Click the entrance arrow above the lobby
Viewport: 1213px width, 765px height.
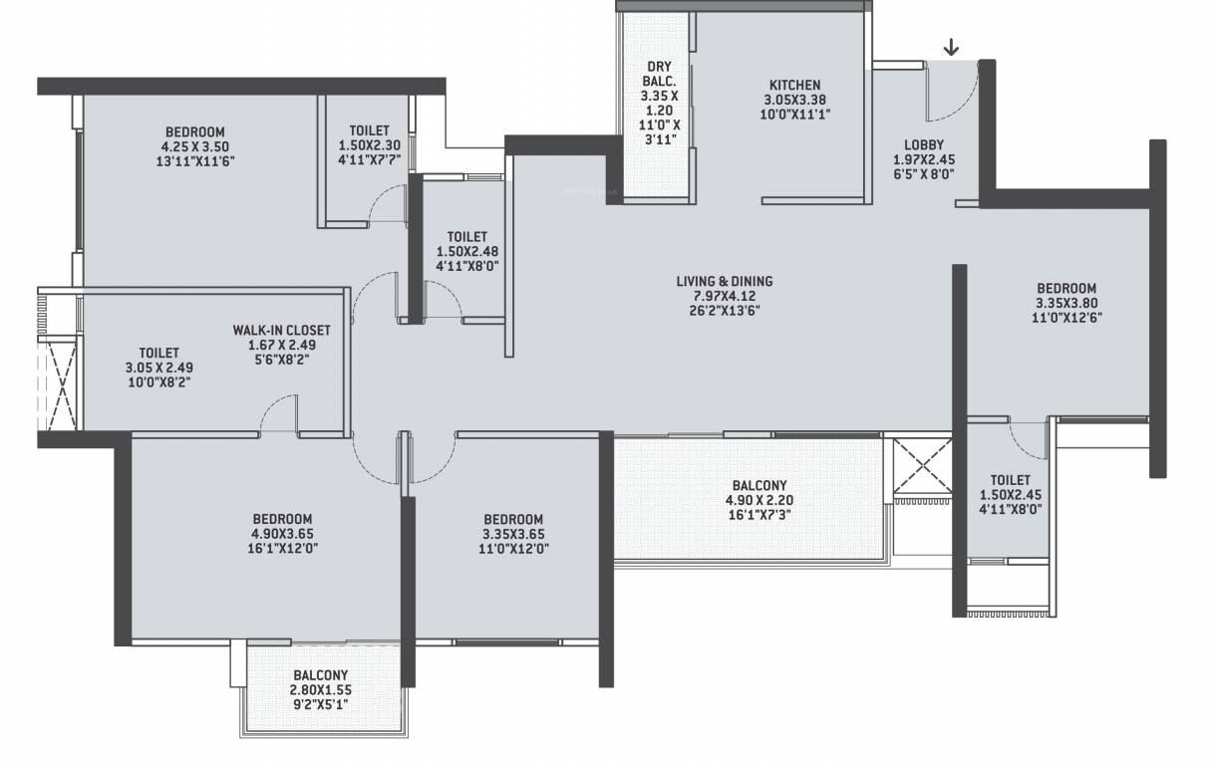click(x=952, y=46)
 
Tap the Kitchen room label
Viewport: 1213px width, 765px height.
click(x=794, y=86)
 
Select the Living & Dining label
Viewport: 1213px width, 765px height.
click(x=724, y=282)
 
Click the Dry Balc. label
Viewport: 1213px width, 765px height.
click(x=659, y=75)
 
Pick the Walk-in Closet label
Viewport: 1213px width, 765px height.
click(x=281, y=331)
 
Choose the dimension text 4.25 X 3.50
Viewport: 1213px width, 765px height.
click(x=195, y=145)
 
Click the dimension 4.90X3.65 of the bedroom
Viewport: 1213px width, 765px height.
click(x=282, y=533)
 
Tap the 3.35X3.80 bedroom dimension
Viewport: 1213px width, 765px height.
click(x=1065, y=304)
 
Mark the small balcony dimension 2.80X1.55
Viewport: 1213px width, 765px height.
click(x=321, y=689)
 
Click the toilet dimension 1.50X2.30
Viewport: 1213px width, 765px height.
click(x=370, y=145)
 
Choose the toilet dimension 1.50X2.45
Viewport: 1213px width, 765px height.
click(x=1010, y=495)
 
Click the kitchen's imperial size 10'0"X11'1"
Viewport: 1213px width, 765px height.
click(x=794, y=115)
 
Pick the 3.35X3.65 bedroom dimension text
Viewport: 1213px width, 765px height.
click(x=513, y=533)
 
